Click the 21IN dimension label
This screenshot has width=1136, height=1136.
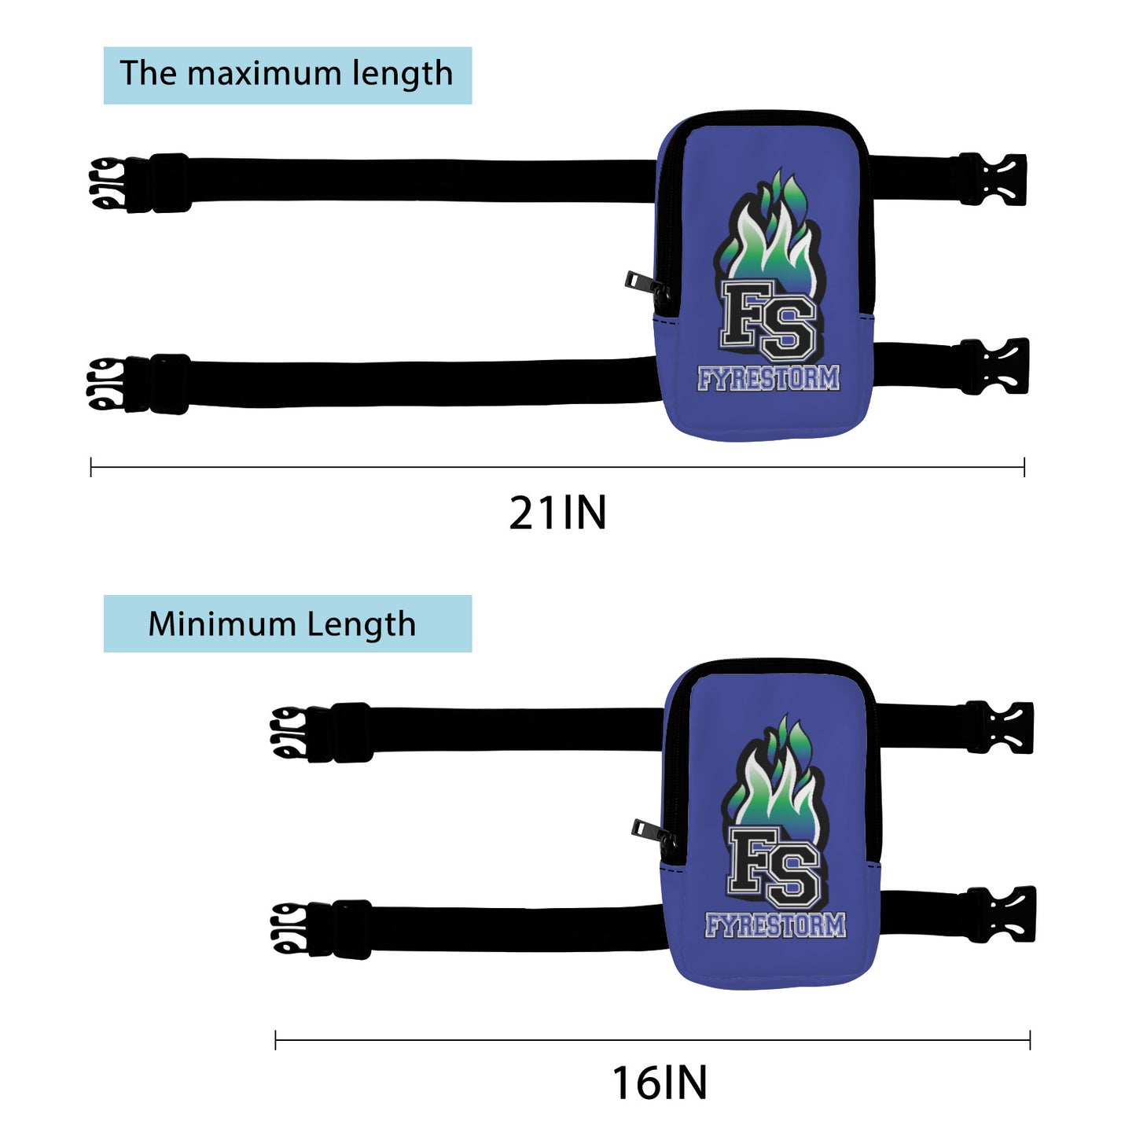click(x=557, y=513)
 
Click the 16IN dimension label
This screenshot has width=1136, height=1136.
click(x=660, y=1083)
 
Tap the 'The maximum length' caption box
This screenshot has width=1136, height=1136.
click(x=287, y=75)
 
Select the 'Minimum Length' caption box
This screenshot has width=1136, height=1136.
click(x=287, y=623)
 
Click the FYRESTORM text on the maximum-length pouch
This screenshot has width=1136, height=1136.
click(x=768, y=379)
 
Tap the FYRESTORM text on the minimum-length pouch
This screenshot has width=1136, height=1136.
click(x=775, y=926)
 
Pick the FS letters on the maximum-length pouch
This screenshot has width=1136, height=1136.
click(x=768, y=318)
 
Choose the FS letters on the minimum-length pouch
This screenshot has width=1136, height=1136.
click(x=774, y=865)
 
